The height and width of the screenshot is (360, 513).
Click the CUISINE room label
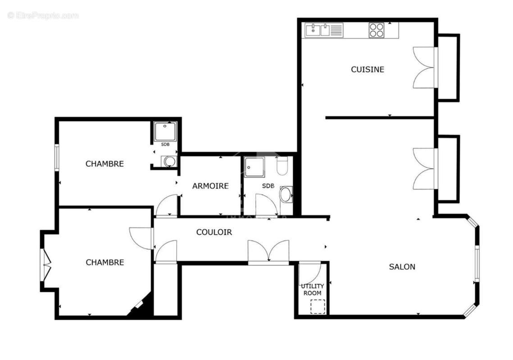368,69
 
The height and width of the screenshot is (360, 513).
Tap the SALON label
402,266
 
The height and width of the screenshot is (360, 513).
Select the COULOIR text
214,232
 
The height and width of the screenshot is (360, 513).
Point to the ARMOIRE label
210,186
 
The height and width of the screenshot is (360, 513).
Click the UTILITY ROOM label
312,289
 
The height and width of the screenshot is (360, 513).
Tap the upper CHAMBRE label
104,164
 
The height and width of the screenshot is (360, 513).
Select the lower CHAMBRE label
104,262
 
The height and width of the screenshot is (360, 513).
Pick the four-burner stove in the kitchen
377,30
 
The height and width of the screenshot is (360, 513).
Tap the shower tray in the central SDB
255,167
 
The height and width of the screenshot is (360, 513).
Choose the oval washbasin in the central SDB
286,194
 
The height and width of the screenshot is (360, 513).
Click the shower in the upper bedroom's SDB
165,131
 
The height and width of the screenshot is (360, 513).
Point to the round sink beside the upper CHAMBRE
169,161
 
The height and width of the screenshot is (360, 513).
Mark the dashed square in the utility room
318,306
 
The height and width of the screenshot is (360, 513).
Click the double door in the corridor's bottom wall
268,252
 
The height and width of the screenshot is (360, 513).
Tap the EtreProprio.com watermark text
43,16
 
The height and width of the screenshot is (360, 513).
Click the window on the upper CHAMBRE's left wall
57,157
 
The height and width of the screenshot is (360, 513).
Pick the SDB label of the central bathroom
268,186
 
